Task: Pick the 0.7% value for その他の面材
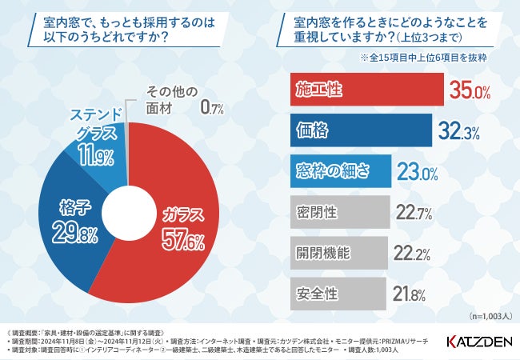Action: (212, 105)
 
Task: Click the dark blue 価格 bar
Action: (358, 130)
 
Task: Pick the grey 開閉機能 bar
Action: (335, 253)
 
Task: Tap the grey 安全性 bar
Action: (334, 293)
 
